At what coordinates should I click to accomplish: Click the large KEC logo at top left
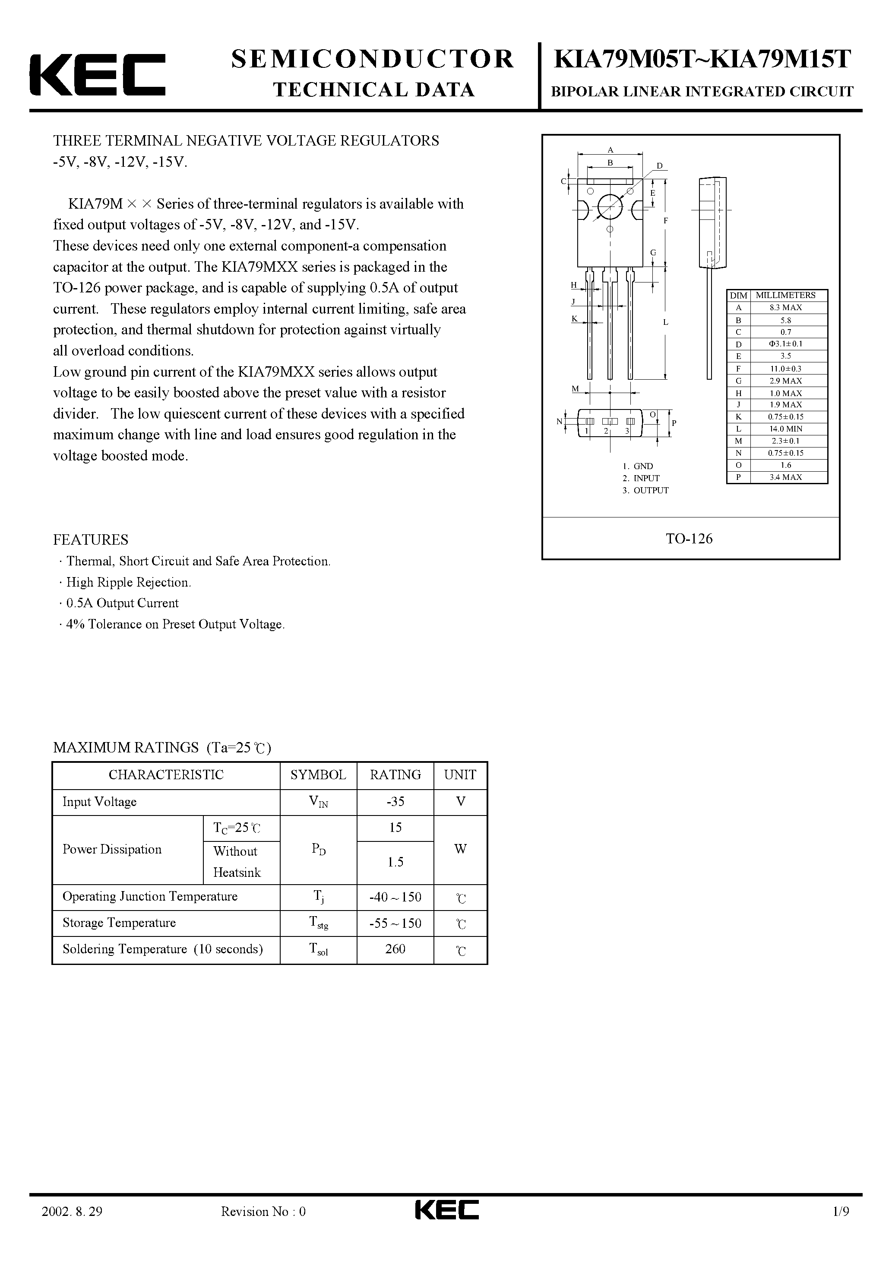click(x=97, y=75)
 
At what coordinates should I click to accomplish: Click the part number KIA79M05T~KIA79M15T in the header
click(x=702, y=60)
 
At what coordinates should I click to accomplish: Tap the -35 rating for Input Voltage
click(x=395, y=802)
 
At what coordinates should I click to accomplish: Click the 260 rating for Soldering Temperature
click(x=395, y=949)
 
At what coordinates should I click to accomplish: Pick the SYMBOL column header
click(x=318, y=774)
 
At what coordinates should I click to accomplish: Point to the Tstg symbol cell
click(x=318, y=923)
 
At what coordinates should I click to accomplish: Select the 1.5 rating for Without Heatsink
click(x=395, y=862)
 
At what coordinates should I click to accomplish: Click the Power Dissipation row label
click(x=112, y=849)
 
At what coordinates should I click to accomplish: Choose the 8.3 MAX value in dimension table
click(x=785, y=308)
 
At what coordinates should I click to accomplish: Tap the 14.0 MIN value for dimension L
click(x=785, y=428)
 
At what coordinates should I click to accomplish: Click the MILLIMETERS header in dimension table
click(x=785, y=295)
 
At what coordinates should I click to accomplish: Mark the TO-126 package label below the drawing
click(x=689, y=539)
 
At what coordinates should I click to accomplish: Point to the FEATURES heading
click(x=91, y=539)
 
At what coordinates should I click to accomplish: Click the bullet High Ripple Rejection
click(x=128, y=582)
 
